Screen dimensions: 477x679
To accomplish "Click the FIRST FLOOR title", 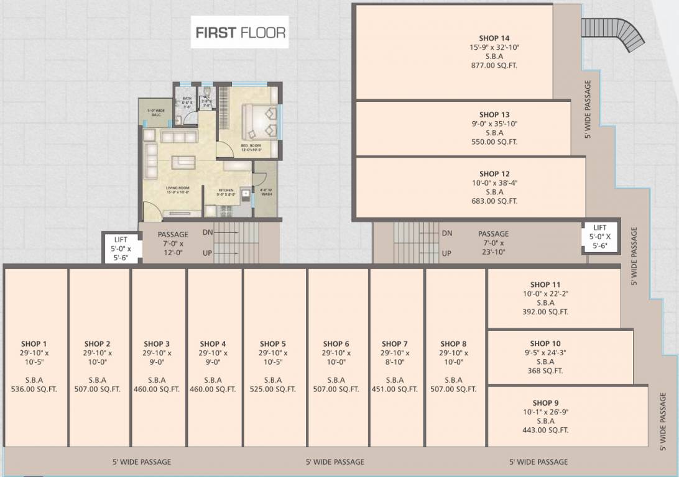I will click(x=241, y=32).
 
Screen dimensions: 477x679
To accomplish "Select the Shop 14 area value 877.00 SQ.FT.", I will click(x=494, y=65).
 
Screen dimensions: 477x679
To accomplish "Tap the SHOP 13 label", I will click(x=494, y=114).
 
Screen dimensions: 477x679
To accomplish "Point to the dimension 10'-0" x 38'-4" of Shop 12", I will click(x=494, y=183).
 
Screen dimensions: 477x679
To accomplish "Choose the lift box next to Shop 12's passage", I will click(x=600, y=237).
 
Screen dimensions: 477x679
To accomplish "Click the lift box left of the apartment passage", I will click(x=121, y=248).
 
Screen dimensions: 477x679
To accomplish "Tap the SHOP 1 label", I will click(x=34, y=343).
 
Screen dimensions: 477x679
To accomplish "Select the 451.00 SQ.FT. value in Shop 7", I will click(x=395, y=389).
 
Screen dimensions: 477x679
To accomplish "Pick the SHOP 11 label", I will click(x=545, y=284).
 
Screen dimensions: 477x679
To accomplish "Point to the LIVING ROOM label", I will click(x=177, y=188).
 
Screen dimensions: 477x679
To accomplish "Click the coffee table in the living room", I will click(x=183, y=161).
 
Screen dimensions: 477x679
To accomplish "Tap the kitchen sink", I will click(x=246, y=194).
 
